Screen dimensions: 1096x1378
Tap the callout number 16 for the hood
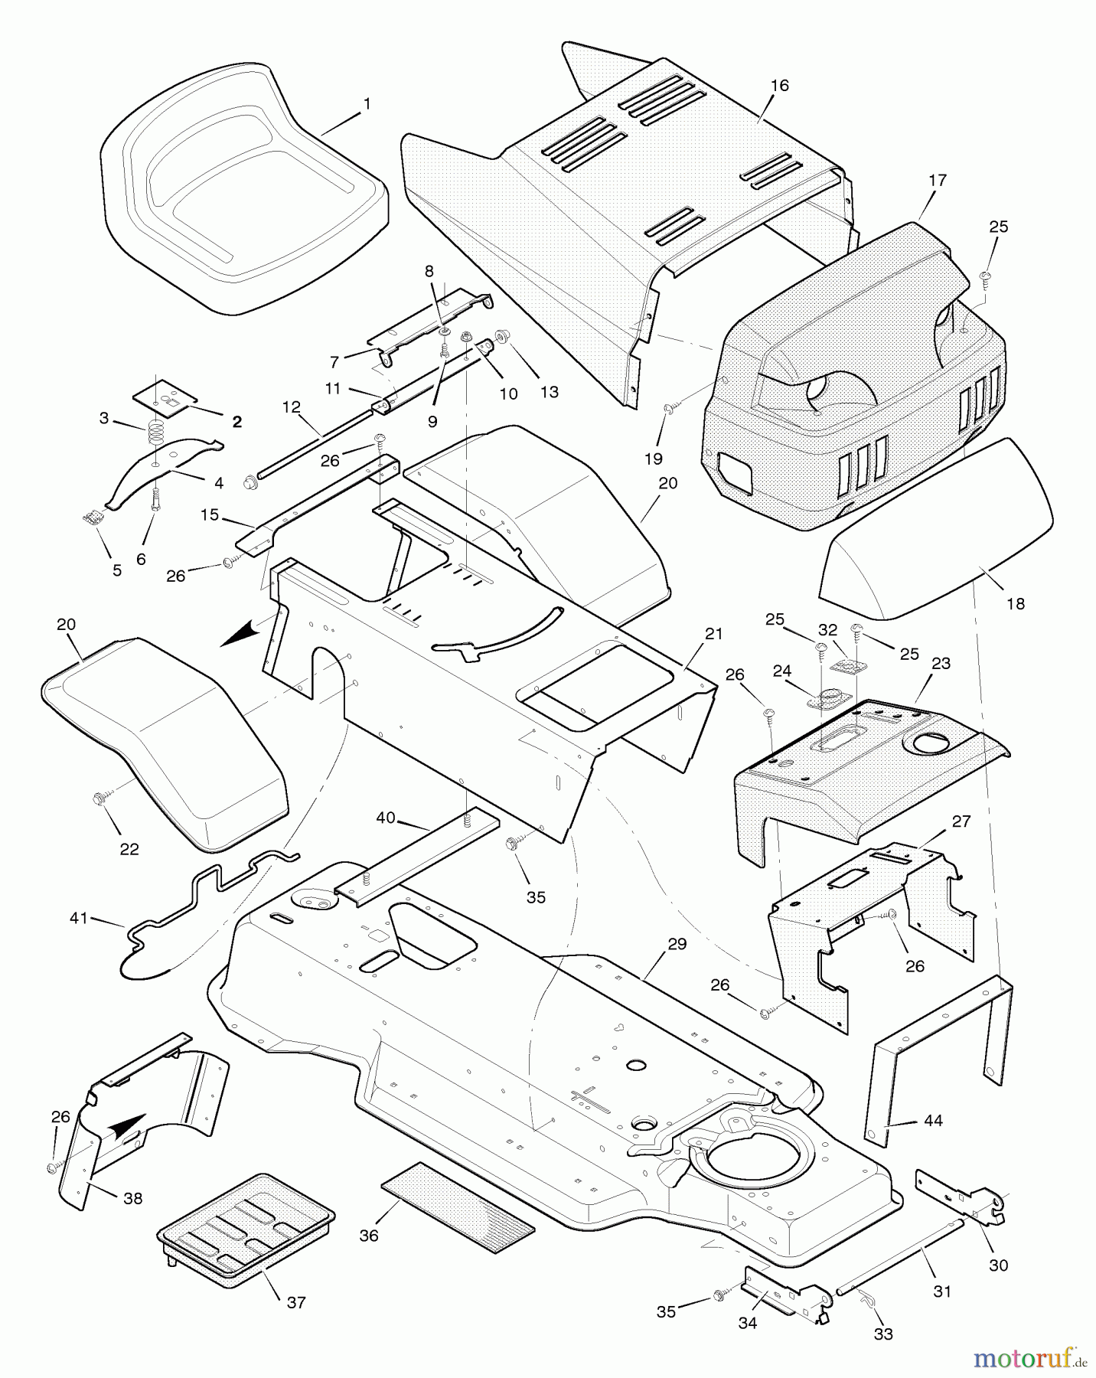pos(779,86)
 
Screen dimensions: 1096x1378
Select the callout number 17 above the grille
pos(937,181)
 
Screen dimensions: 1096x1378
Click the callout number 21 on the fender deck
pos(713,634)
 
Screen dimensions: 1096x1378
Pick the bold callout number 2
pos(237,422)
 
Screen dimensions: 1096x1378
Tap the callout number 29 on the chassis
pos(677,945)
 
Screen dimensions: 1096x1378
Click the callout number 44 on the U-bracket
pos(933,1121)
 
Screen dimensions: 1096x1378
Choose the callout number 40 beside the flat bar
pos(386,818)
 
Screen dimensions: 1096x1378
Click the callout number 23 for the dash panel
pos(941,663)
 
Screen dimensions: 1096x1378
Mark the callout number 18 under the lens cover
pos(1015,603)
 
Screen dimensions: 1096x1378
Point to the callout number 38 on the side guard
pos(133,1198)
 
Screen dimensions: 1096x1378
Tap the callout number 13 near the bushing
pos(549,392)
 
